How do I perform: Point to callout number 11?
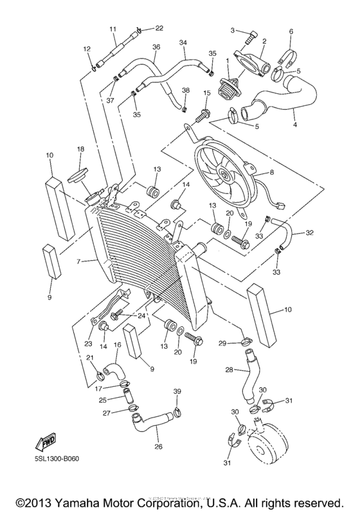[113, 30]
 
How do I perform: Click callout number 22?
[159, 28]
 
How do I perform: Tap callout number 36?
[156, 47]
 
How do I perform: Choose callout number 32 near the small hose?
[310, 233]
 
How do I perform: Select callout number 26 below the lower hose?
[158, 446]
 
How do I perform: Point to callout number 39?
[177, 391]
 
